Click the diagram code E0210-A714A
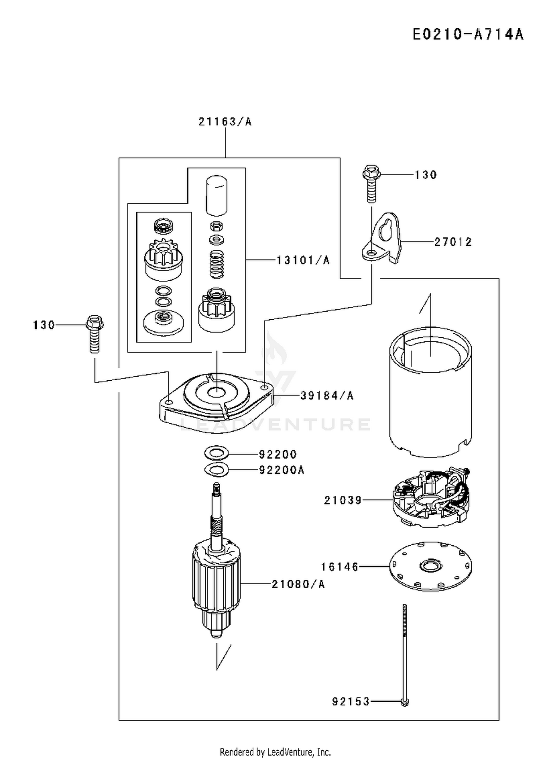tap(468, 35)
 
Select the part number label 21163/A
tap(225, 122)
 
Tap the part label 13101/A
tap(303, 260)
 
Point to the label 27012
tap(453, 242)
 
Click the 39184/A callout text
tap(327, 395)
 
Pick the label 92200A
tap(282, 470)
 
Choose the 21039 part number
tap(343, 500)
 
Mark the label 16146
tap(340, 567)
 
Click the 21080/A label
tap(298, 584)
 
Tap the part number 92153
tap(351, 701)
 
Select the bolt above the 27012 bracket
tap(371, 183)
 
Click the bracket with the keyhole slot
tap(382, 238)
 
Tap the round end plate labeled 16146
tap(431, 566)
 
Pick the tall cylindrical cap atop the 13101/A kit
tap(216, 195)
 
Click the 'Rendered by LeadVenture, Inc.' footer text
tap(275, 752)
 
